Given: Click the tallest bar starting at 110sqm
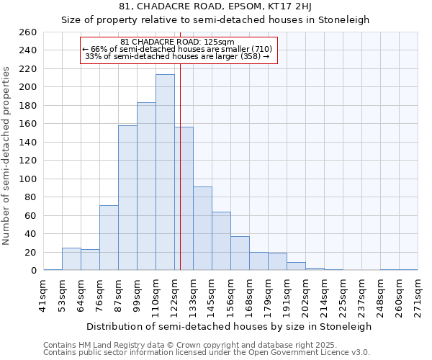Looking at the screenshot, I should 165,173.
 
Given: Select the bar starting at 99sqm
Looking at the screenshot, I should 146,186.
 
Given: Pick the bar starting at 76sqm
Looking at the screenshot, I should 109,238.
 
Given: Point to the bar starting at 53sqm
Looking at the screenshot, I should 71,259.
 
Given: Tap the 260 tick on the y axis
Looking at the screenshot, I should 28,32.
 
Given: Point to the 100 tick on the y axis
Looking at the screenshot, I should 28,179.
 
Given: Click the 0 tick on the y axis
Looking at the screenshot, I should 33,271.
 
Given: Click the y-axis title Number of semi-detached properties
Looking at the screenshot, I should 7,156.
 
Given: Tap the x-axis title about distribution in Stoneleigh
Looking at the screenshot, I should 230,326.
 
